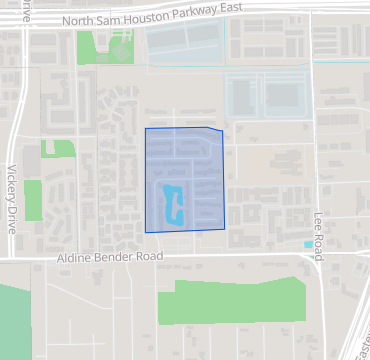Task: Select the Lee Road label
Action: pyautogui.click(x=318, y=238)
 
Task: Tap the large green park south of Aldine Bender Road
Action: pyautogui.click(x=230, y=300)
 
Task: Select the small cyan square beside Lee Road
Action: pyautogui.click(x=308, y=244)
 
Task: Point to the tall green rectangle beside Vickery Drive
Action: pyautogui.click(x=33, y=200)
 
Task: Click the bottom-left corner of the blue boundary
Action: pyautogui.click(x=146, y=232)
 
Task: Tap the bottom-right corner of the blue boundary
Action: pyautogui.click(x=225, y=228)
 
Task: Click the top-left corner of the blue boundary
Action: pyautogui.click(x=145, y=129)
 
